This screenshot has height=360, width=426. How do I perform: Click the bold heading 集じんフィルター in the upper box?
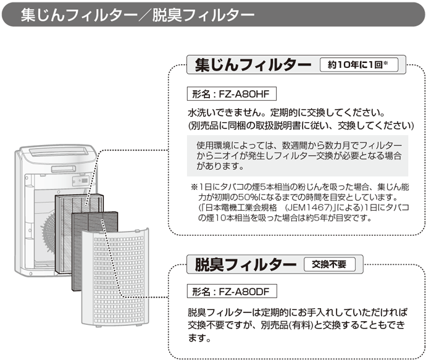253,64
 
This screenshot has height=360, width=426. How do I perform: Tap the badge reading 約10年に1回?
358,64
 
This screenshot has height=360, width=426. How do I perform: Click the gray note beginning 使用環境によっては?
296,155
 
